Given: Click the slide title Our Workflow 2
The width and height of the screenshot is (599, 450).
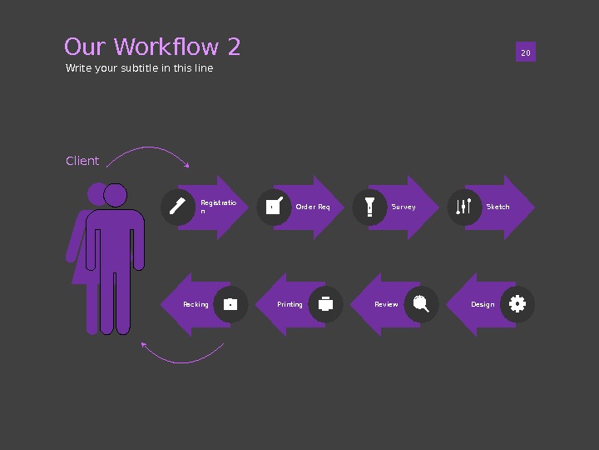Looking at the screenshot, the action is (152, 47).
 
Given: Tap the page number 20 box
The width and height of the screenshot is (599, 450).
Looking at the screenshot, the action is (525, 53).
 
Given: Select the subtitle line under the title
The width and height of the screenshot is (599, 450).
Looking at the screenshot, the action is (139, 68).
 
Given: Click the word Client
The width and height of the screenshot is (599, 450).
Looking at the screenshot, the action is (82, 161).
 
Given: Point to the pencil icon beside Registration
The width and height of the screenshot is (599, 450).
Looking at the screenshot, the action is (177, 207).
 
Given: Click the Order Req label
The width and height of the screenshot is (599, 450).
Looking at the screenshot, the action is (313, 207).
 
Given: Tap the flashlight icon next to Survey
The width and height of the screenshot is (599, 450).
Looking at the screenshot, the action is (369, 207).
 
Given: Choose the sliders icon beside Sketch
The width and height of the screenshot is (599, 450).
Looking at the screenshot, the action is (464, 207).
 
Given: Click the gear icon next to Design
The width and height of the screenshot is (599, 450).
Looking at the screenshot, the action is (517, 304).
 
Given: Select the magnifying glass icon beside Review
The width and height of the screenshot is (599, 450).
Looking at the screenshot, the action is (421, 304).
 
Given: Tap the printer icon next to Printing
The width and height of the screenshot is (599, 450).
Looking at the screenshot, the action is (326, 304).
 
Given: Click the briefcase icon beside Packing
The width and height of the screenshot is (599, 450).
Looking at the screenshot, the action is (230, 304).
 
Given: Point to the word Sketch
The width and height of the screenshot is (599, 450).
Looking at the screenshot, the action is (498, 207).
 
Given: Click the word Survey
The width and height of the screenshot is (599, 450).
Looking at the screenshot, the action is (403, 207).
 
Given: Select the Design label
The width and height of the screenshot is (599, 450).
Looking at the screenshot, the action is (483, 304).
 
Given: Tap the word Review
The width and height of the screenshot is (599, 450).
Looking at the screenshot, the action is (386, 304).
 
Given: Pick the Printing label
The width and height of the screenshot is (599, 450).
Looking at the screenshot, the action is (290, 304).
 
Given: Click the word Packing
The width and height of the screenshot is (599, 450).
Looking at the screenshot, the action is (196, 304).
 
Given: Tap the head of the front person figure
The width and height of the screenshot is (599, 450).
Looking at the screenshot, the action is (116, 195).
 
